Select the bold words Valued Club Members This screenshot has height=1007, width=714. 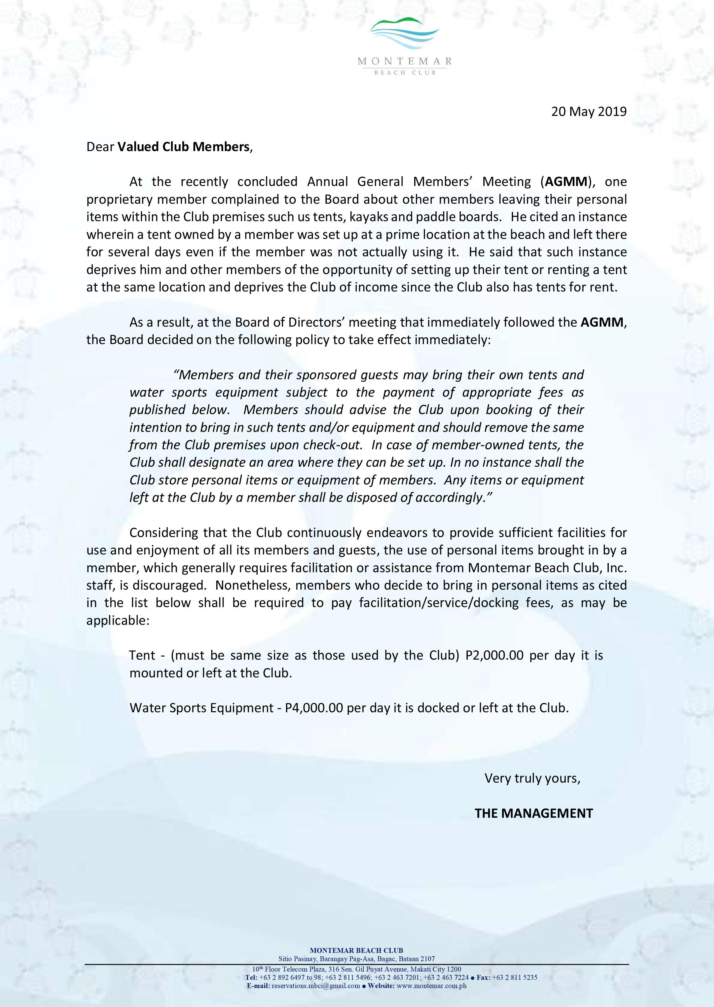pos(183,147)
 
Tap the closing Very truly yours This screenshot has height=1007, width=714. pos(532,779)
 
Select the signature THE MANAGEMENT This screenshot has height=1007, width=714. pos(534,814)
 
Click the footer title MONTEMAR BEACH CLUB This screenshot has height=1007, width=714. pos(357,950)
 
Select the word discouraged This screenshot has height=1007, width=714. pos(170,586)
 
